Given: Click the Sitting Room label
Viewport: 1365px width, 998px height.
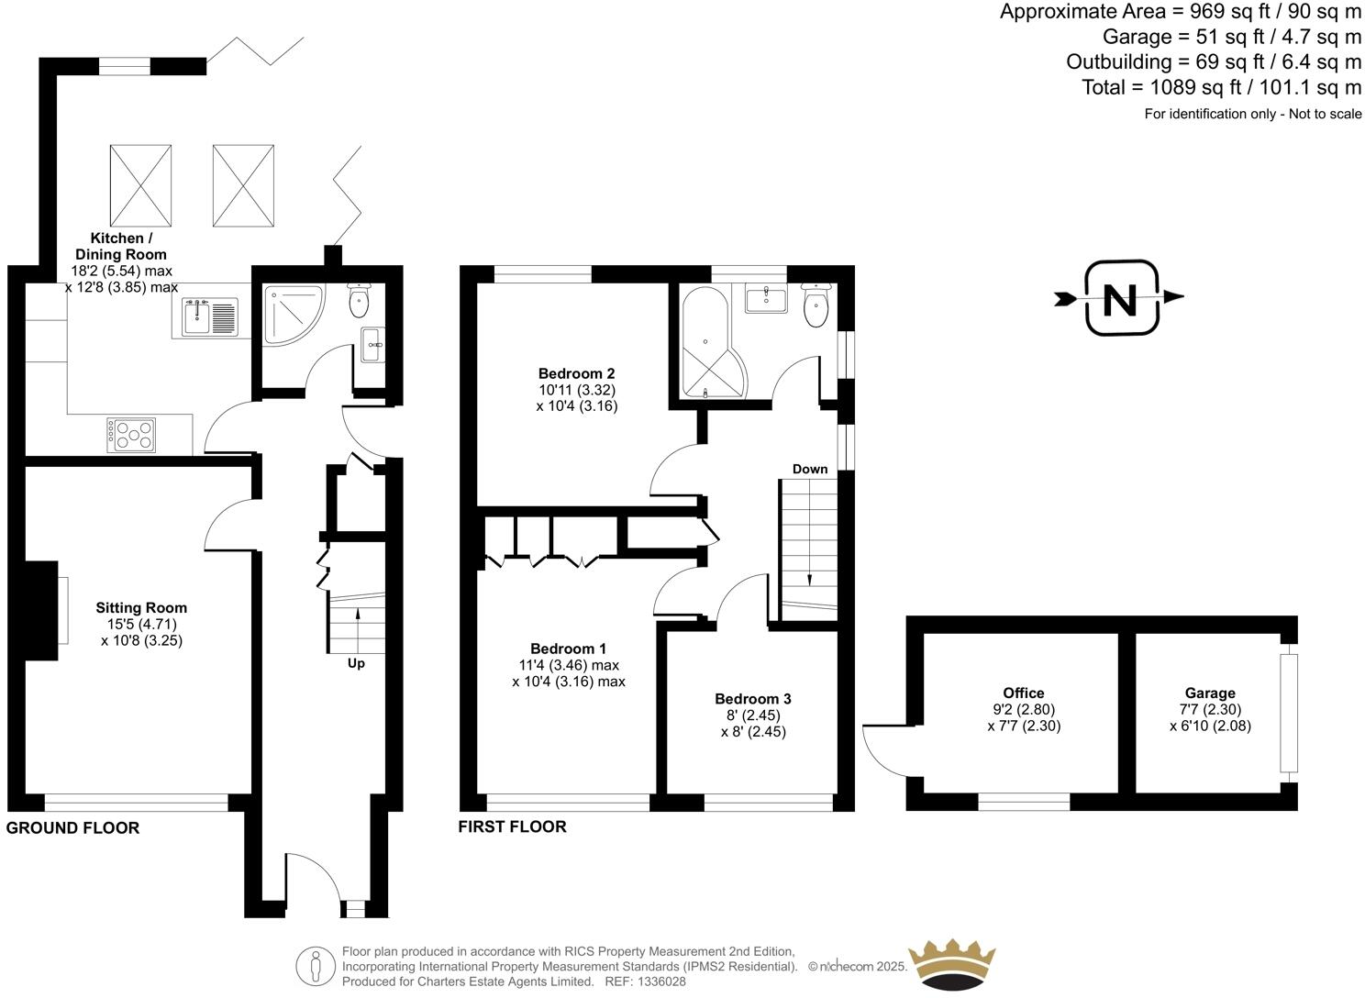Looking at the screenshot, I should pyautogui.click(x=141, y=607).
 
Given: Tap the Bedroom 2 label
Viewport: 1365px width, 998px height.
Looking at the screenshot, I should pyautogui.click(x=576, y=373).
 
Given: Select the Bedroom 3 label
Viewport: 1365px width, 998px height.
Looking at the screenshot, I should pyautogui.click(x=753, y=699).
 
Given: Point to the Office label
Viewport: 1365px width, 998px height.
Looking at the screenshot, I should pyautogui.click(x=1023, y=693).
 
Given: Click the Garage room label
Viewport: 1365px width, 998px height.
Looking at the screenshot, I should pyautogui.click(x=1210, y=693).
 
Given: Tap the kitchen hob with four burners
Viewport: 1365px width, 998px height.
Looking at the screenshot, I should pyautogui.click(x=131, y=435).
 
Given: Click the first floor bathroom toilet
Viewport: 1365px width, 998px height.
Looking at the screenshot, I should pyautogui.click(x=815, y=305).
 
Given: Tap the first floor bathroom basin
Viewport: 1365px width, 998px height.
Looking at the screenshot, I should pyautogui.click(x=765, y=299).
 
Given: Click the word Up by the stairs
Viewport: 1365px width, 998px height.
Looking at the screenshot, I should pyautogui.click(x=356, y=663).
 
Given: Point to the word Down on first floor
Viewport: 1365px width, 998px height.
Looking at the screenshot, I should pyautogui.click(x=810, y=470).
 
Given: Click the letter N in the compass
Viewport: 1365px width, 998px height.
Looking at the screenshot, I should pyautogui.click(x=1120, y=299).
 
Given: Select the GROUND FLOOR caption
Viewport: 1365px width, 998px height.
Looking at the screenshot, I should pyautogui.click(x=73, y=828).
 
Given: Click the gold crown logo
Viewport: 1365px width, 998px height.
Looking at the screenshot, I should pyautogui.click(x=951, y=964).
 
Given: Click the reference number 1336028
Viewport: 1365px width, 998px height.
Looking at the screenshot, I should pyautogui.click(x=660, y=981).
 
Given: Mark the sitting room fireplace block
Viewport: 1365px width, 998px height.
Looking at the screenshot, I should pyautogui.click(x=41, y=610).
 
